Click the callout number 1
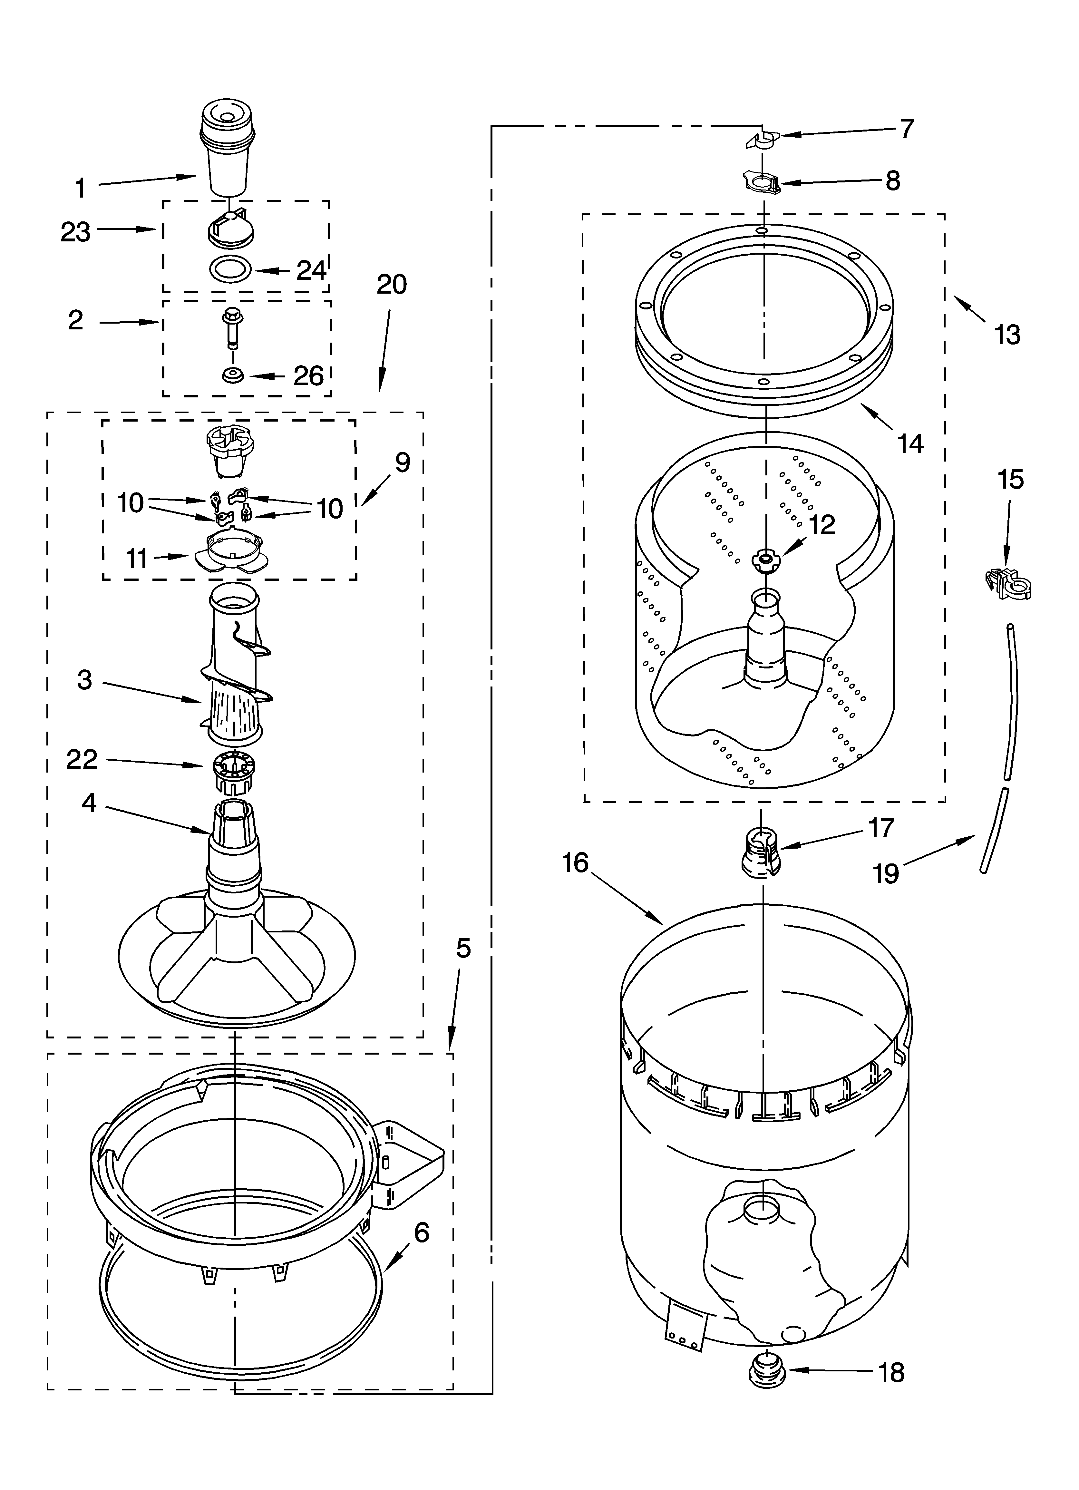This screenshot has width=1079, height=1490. [x=80, y=189]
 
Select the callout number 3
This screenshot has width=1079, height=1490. [x=84, y=680]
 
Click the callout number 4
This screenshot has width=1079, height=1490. [x=89, y=802]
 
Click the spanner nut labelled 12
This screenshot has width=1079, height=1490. [x=765, y=559]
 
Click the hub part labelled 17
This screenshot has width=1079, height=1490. [x=760, y=852]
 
